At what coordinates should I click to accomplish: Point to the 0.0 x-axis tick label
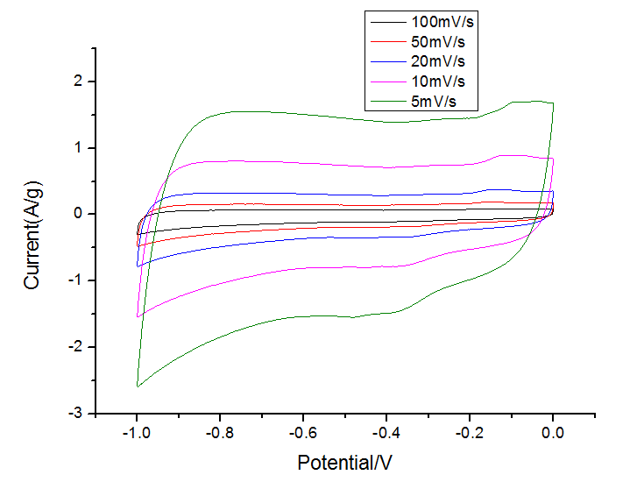[553, 433]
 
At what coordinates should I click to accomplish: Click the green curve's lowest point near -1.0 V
[138, 386]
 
